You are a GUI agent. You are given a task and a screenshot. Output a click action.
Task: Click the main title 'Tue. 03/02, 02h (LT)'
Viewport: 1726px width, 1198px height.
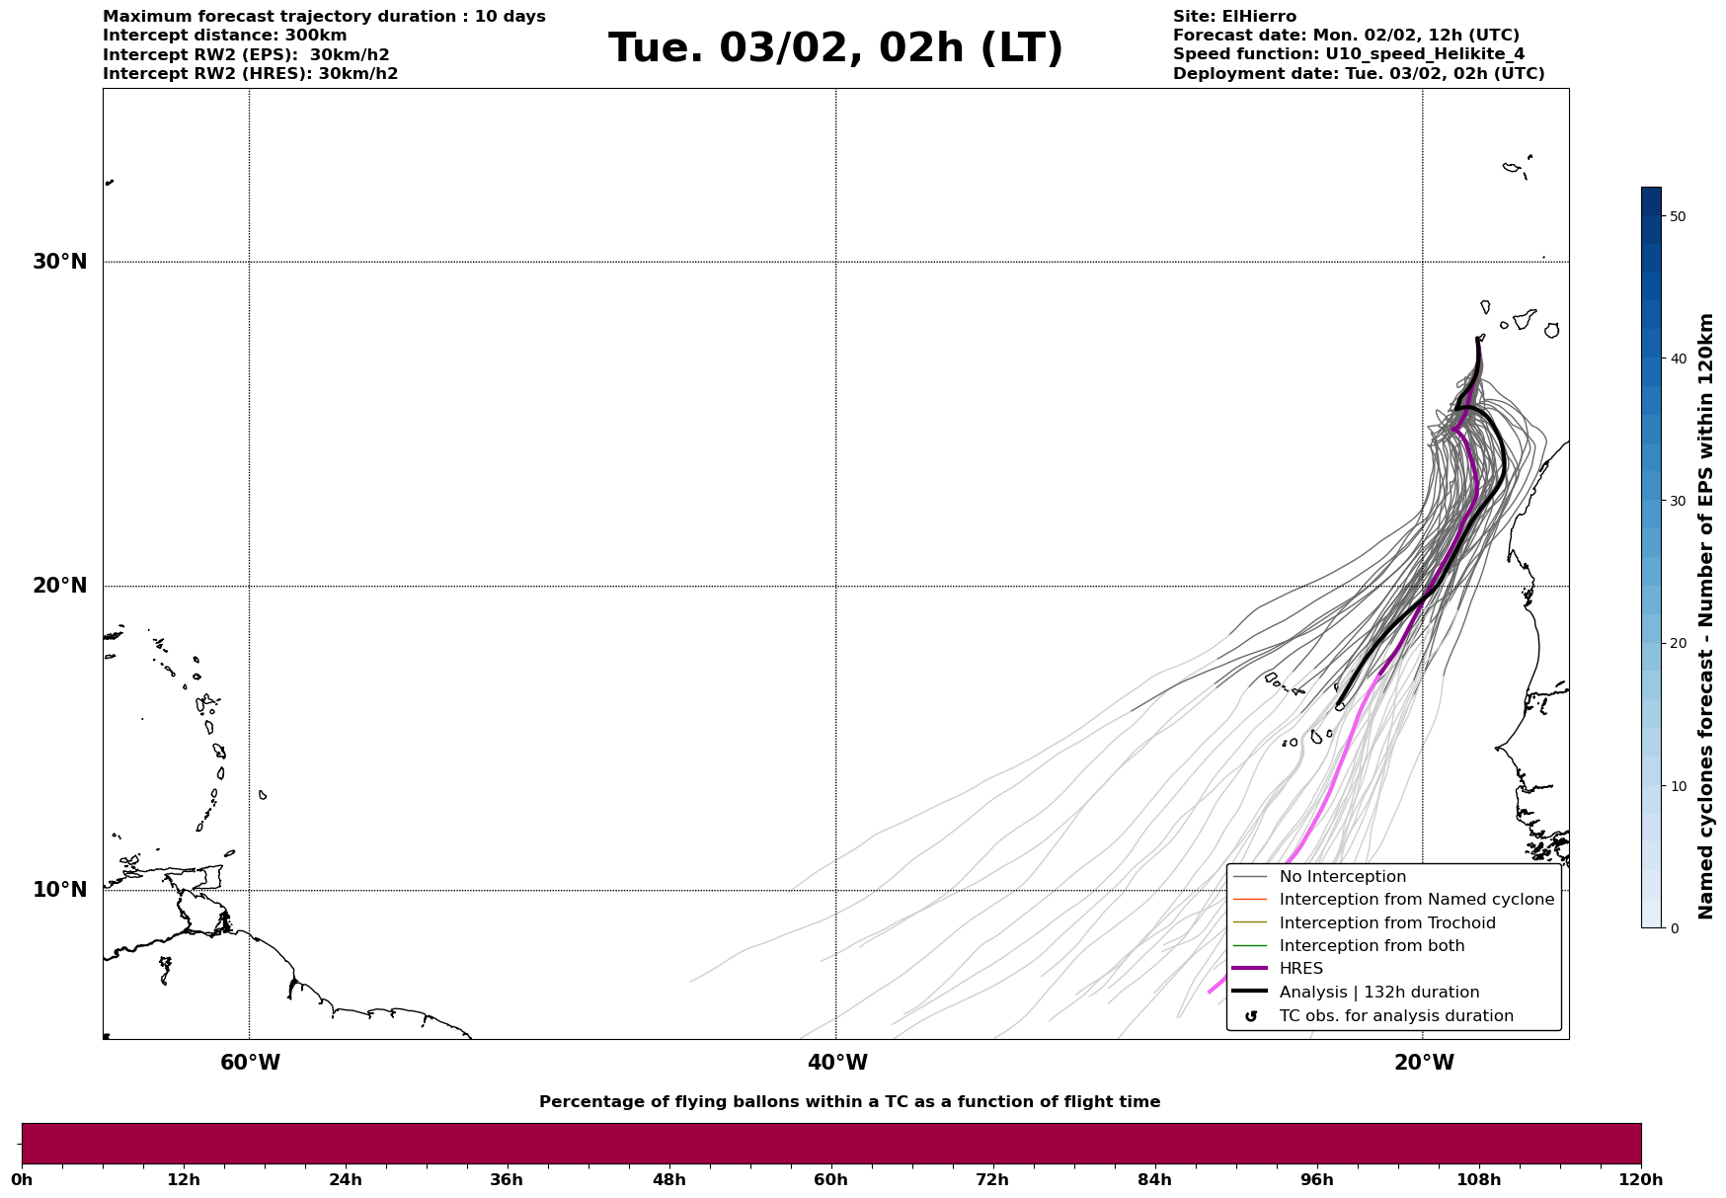[x=835, y=48]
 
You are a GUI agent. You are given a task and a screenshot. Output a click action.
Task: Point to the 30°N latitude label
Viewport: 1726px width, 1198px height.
[x=59, y=262]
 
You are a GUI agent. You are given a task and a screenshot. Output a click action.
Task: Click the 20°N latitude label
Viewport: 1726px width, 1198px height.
[x=59, y=586]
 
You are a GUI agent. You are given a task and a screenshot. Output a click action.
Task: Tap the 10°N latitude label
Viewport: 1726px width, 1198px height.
[x=59, y=890]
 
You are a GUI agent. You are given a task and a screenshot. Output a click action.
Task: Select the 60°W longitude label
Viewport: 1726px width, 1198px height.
[x=250, y=1063]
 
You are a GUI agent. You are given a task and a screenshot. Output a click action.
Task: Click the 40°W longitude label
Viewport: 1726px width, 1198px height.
[x=837, y=1063]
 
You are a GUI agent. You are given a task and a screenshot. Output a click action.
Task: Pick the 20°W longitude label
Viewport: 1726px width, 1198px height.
[x=1424, y=1063]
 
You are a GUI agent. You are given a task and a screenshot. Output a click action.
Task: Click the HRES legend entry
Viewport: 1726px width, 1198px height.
[x=1300, y=969]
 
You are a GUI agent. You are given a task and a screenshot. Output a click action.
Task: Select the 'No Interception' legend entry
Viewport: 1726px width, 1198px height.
[x=1342, y=877]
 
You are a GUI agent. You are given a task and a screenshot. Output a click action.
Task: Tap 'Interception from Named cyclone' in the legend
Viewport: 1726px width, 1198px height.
[x=1416, y=900]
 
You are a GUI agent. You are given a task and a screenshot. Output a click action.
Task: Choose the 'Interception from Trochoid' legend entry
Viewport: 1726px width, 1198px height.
[x=1386, y=923]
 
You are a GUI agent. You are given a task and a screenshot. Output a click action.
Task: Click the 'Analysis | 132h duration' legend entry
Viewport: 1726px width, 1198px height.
[x=1378, y=993]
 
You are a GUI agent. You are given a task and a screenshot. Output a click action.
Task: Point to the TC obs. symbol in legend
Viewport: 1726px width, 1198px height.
[x=1251, y=1016]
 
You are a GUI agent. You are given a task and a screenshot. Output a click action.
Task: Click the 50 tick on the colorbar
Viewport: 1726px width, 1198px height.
[x=1678, y=216]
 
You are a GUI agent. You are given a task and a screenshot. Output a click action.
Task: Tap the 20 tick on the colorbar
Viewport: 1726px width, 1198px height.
[x=1678, y=644]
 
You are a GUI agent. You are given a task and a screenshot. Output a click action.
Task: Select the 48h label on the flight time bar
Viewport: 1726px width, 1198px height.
[x=668, y=1180]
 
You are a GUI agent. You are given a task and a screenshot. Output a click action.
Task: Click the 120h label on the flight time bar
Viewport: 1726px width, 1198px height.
[x=1641, y=1180]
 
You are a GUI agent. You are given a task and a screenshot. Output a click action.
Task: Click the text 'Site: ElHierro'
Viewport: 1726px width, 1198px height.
[x=1234, y=17]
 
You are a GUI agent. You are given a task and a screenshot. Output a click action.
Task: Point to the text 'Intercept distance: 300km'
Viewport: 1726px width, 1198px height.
[x=225, y=36]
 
